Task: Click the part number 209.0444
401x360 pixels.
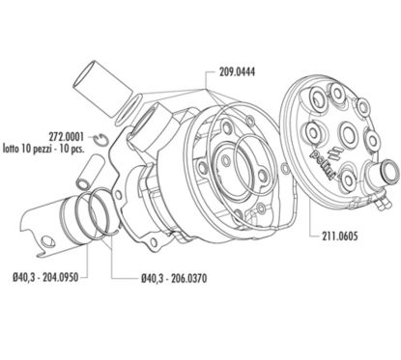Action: point(237,71)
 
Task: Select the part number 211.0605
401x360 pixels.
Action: point(339,236)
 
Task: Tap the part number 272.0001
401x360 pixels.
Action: point(66,137)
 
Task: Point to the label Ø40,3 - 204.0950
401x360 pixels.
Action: point(45,277)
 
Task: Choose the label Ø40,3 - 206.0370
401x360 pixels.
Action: point(174,278)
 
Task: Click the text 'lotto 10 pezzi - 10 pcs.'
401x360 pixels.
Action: point(43,149)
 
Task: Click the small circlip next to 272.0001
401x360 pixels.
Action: point(101,138)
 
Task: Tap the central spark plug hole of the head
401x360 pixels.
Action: point(348,134)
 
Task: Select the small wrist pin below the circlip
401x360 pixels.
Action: point(87,172)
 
